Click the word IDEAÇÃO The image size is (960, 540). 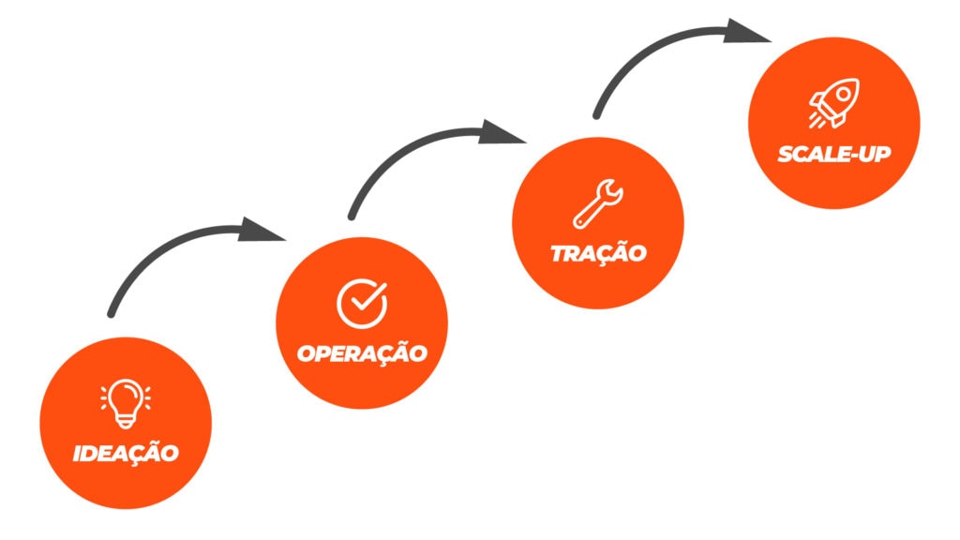coord(126,453)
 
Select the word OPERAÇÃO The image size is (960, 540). coord(362,353)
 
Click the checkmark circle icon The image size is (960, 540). coord(362,302)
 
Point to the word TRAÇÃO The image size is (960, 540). coord(598,253)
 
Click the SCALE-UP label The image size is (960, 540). coord(833,154)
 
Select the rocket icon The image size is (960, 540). coord(833,102)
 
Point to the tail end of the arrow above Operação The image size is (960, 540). coord(352,215)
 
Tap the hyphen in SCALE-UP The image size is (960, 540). coord(852,155)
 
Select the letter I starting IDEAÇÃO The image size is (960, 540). coord(78,454)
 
